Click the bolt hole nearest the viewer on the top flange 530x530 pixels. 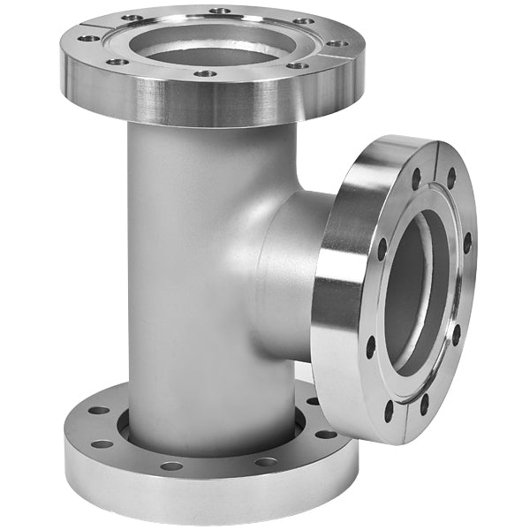click(x=205, y=74)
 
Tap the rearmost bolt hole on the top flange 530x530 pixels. click(x=220, y=11)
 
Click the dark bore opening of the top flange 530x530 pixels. click(x=212, y=49)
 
